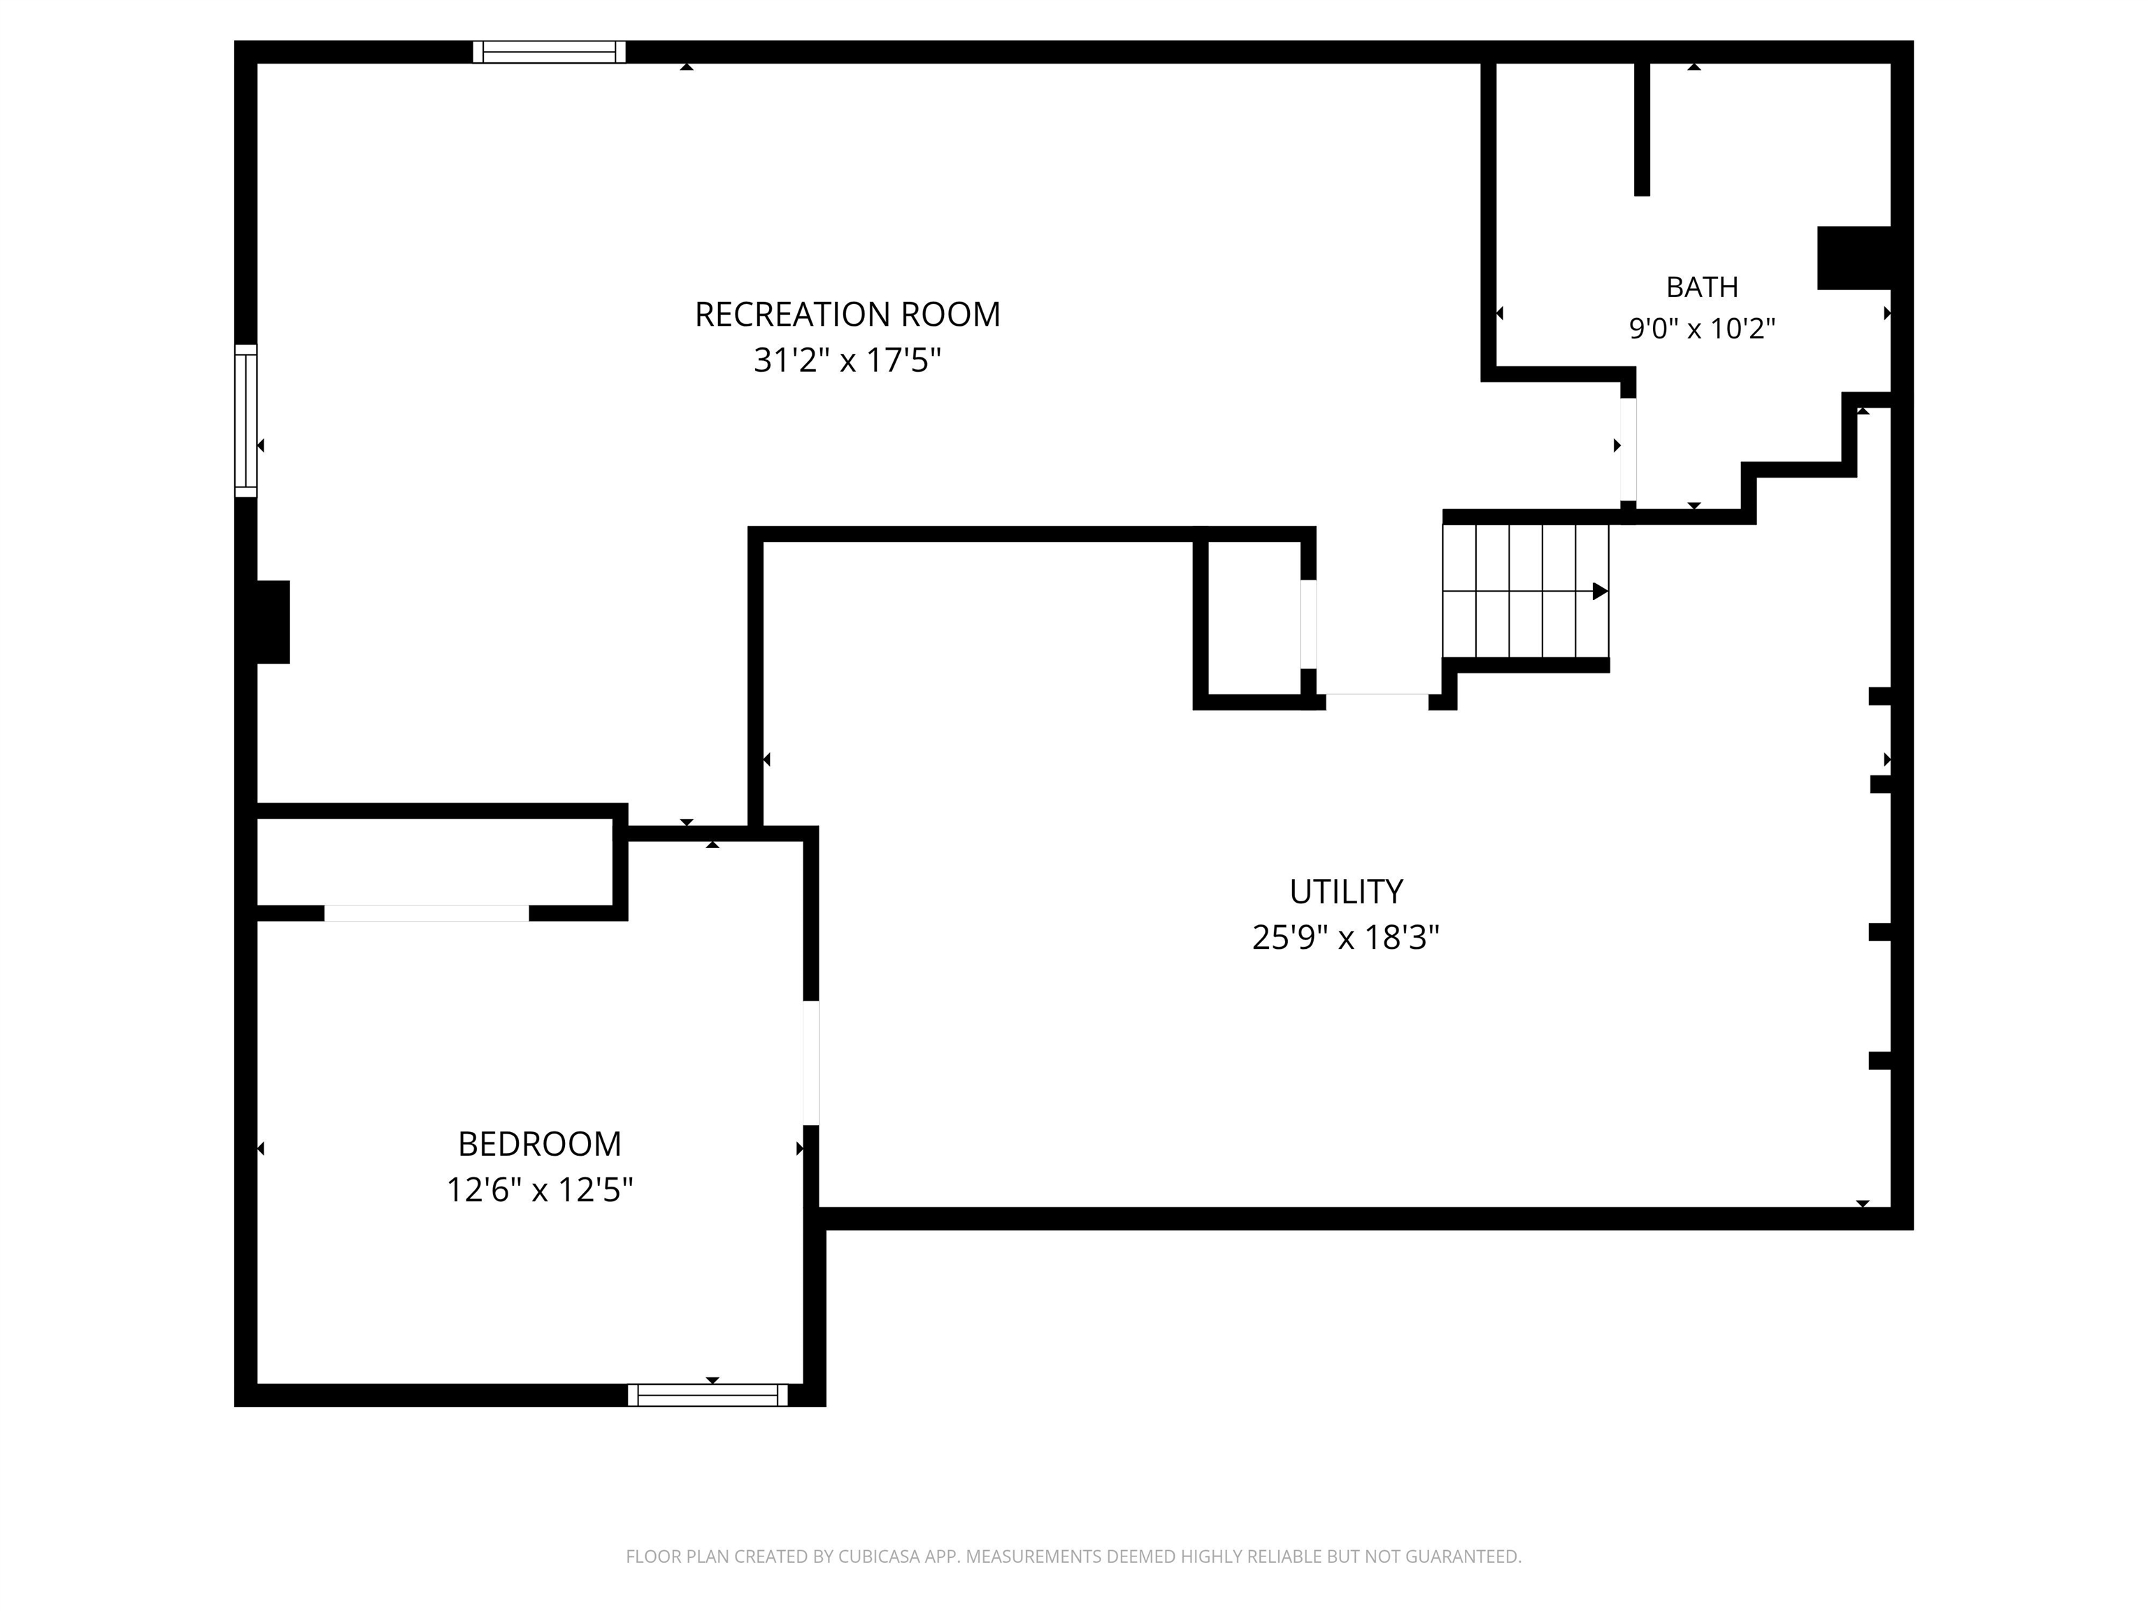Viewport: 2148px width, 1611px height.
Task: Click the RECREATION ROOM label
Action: coord(847,315)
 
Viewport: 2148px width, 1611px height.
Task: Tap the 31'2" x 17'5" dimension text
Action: coord(847,360)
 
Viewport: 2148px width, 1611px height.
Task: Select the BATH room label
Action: coord(1701,287)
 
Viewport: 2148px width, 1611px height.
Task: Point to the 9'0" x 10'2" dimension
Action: coord(1701,328)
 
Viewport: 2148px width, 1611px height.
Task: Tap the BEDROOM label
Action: coord(539,1144)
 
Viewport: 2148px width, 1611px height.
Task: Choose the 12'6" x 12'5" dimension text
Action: coord(539,1189)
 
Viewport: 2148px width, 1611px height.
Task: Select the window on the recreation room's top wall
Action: coord(550,52)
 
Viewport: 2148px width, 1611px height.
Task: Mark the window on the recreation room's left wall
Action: coord(245,420)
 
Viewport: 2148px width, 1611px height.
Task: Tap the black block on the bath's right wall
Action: coord(1854,257)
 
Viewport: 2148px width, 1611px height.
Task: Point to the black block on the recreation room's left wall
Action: coord(273,622)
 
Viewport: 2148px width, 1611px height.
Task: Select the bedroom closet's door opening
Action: coord(427,912)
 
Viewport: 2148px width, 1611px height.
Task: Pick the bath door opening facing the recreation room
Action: coord(1628,449)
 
